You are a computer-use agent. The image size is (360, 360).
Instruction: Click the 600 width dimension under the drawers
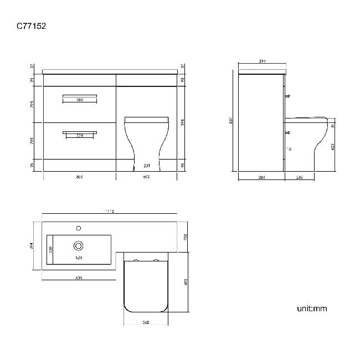click(79, 177)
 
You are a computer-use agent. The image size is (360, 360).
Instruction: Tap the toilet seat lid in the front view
click(146, 119)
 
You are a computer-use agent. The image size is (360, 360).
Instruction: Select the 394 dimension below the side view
click(262, 177)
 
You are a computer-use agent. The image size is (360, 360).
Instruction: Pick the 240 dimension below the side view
click(300, 177)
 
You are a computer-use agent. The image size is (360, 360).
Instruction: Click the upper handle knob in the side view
click(288, 97)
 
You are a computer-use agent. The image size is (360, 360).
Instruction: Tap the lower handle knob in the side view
click(288, 133)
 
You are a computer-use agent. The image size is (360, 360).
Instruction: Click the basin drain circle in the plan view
click(78, 245)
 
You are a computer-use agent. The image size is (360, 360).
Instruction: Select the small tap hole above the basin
click(78, 227)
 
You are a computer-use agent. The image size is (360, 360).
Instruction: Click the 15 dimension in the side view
click(289, 149)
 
